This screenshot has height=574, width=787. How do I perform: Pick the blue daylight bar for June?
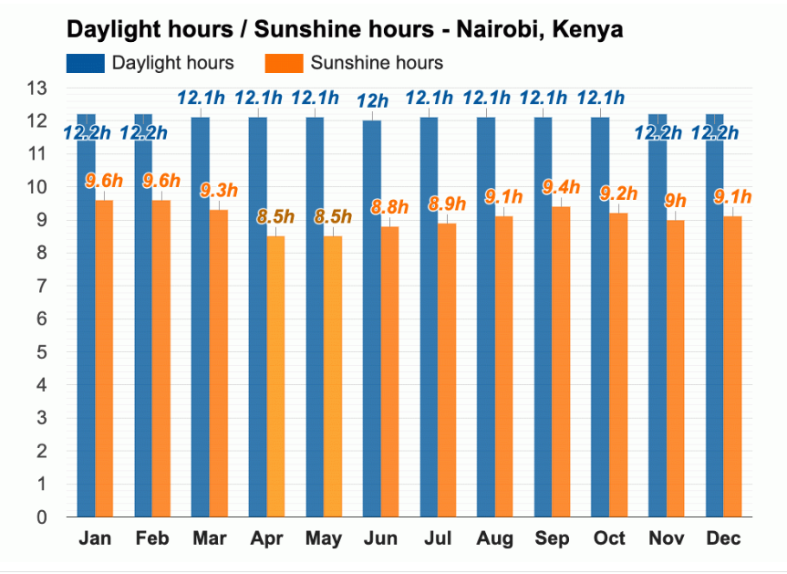(372, 319)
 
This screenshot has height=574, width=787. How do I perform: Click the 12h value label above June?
(372, 100)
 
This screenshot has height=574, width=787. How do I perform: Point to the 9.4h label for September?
(561, 187)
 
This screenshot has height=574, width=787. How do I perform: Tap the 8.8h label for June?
(389, 207)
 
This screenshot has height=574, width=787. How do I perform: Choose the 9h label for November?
(676, 201)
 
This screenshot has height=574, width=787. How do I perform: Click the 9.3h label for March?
(218, 191)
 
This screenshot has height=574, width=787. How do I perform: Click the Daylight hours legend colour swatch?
(84, 63)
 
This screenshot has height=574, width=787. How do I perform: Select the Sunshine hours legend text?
(377, 63)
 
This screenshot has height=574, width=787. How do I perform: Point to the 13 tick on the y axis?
(36, 89)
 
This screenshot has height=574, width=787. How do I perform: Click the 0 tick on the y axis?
(41, 517)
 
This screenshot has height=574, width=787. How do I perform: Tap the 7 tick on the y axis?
(41, 287)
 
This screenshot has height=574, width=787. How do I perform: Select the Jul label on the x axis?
(438, 538)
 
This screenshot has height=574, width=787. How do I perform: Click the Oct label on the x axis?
(610, 538)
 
